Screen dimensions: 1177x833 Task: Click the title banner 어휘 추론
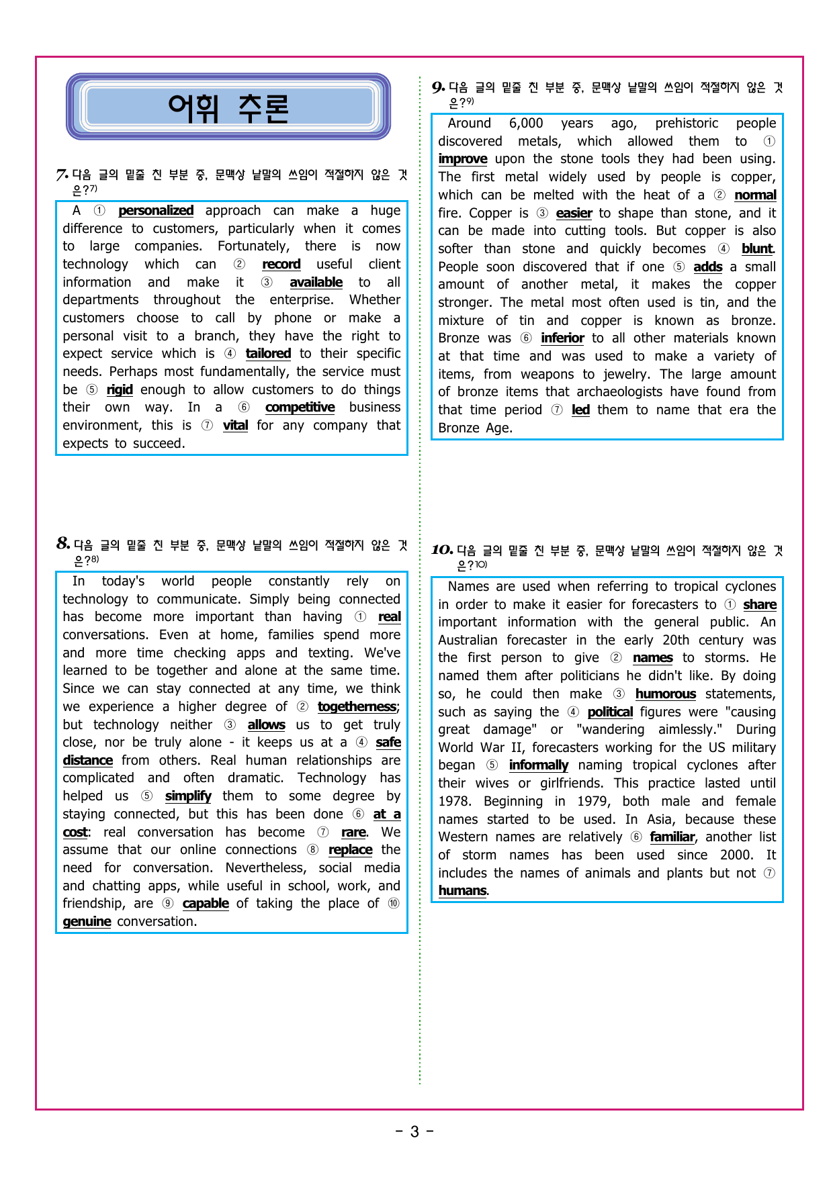pos(228,107)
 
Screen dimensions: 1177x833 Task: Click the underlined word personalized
pos(156,211)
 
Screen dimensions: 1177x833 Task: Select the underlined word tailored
pos(268,354)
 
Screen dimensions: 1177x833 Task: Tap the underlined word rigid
pos(120,390)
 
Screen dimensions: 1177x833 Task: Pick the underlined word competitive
pos(300,408)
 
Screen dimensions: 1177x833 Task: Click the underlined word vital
pos(235,426)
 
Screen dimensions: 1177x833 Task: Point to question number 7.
pos(62,175)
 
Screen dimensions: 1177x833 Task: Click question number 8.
pos(63,544)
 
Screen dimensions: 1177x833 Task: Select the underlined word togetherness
pos(357,707)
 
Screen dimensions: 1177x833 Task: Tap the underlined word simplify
pos(188,796)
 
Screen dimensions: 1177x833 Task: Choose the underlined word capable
pos(206,904)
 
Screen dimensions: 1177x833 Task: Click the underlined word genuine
pos(87,922)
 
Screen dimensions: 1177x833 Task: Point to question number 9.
pos(438,87)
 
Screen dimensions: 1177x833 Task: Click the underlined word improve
pos(463,159)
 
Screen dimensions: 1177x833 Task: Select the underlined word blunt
pos(757,249)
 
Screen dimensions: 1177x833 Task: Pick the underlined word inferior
pos(562,338)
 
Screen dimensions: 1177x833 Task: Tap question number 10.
pos(441,550)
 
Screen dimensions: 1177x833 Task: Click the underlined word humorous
pos(666,694)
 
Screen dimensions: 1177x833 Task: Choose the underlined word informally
pos(539,765)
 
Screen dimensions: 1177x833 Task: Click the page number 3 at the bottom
pos(414,1132)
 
